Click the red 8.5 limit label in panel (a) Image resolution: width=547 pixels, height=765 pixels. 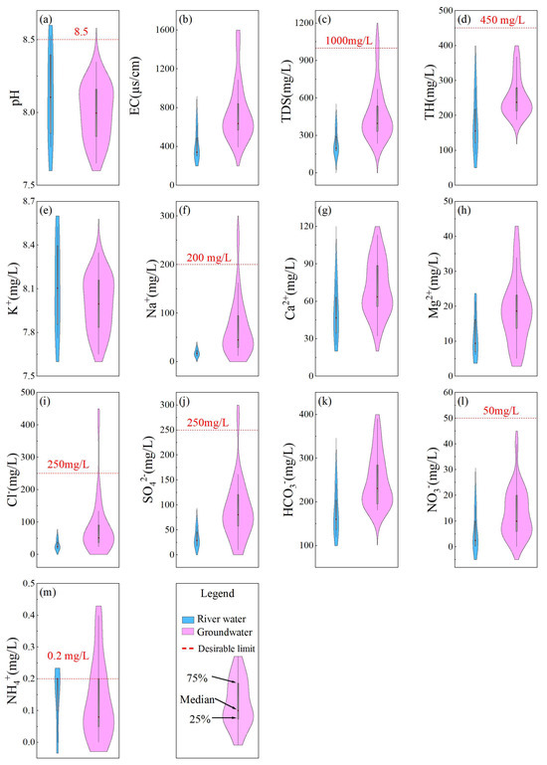point(81,32)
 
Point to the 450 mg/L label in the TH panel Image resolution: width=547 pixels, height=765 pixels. point(502,20)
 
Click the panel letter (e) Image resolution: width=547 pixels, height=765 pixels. point(47,211)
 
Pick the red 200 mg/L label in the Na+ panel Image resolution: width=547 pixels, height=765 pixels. point(209,257)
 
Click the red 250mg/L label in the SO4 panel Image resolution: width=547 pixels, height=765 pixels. point(208,423)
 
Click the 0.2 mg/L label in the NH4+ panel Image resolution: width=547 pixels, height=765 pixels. point(69,656)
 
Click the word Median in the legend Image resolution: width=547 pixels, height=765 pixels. point(197,700)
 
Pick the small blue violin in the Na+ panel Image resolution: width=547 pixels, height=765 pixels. point(197,352)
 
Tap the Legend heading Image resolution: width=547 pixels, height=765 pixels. point(217,594)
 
